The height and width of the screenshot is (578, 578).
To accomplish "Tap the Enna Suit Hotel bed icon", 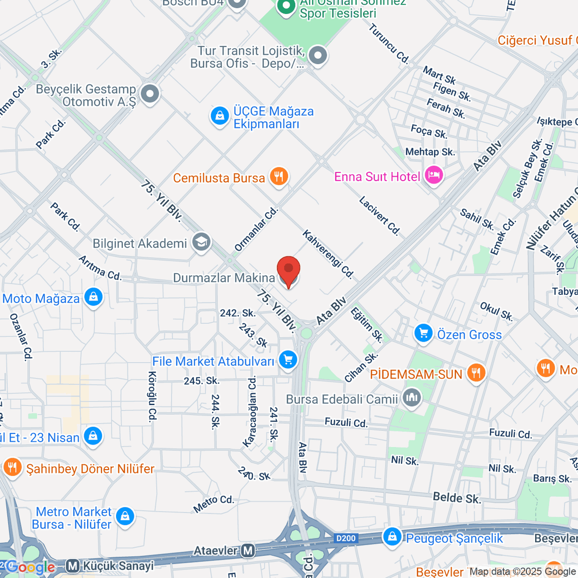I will point(434,176).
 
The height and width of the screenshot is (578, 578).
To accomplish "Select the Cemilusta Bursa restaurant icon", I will point(278,177).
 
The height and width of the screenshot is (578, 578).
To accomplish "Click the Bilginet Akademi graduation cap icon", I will point(201,242).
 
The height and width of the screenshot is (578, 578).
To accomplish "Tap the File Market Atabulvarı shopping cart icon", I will point(288,360).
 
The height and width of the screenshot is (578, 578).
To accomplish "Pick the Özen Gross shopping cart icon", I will point(423,333).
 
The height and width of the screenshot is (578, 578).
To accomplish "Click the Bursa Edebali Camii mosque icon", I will point(411,398).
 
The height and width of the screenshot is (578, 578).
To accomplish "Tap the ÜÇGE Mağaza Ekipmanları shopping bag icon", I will point(220,116).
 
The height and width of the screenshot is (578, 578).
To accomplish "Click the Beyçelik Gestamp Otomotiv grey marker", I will point(150,93).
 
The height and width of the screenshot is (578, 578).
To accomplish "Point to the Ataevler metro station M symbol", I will point(248,550).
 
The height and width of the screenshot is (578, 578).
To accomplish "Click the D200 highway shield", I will point(346,539).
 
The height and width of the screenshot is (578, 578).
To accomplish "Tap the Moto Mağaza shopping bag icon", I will point(93,297).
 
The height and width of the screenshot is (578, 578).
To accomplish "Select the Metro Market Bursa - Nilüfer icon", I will point(125,517).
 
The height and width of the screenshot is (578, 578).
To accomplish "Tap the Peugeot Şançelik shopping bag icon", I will point(392,537).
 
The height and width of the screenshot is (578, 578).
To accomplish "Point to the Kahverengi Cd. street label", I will point(328,254).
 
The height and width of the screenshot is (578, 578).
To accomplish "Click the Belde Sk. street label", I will point(457,498).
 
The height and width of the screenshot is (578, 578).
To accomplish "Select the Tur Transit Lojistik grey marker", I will point(317,55).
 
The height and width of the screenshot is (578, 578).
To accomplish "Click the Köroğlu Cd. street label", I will point(153,396).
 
